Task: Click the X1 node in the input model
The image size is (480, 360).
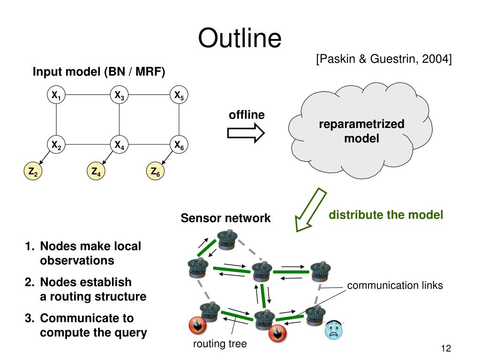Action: pyautogui.click(x=56, y=95)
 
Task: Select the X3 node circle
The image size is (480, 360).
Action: pyautogui.click(x=119, y=95)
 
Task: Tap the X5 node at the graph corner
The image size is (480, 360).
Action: pyautogui.click(x=179, y=95)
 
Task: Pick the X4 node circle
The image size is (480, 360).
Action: pyautogui.click(x=119, y=144)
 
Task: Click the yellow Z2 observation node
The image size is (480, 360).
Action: pyautogui.click(x=33, y=171)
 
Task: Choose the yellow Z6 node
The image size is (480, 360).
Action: pyautogui.click(x=155, y=171)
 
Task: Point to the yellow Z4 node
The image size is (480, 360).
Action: pyautogui.click(x=96, y=171)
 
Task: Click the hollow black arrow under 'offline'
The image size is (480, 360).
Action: pyautogui.click(x=246, y=133)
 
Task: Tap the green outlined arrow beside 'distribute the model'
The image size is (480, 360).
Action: pyautogui.click(x=311, y=210)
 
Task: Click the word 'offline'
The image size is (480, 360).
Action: pyautogui.click(x=247, y=115)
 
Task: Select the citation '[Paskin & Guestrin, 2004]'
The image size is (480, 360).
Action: pyautogui.click(x=384, y=59)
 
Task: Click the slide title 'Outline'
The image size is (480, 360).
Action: pyautogui.click(x=240, y=38)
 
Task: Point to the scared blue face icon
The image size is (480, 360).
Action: pyautogui.click(x=334, y=330)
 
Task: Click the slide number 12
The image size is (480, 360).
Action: pyautogui.click(x=446, y=348)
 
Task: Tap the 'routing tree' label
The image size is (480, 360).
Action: pyautogui.click(x=220, y=344)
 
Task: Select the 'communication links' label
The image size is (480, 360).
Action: pyautogui.click(x=395, y=285)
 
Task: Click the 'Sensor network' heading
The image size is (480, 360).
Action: pyautogui.click(x=225, y=218)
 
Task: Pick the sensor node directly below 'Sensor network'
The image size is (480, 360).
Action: pyautogui.click(x=227, y=240)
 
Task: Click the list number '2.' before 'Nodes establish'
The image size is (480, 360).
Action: pyautogui.click(x=30, y=282)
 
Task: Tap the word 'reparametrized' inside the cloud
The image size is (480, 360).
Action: pyautogui.click(x=361, y=124)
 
